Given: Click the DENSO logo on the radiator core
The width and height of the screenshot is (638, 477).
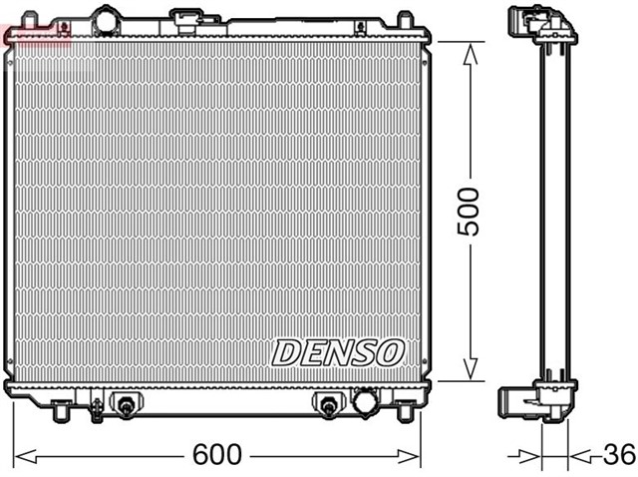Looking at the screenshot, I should [x=338, y=351].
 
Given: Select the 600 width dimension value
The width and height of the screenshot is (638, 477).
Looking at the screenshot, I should [x=218, y=455].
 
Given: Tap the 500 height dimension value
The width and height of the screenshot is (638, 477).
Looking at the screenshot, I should [x=468, y=211].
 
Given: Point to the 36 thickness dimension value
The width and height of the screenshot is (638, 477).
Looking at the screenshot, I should [x=618, y=455].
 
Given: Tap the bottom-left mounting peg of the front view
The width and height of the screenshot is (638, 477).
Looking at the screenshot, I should [x=59, y=409].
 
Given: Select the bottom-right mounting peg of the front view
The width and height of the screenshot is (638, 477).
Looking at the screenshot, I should [x=407, y=409].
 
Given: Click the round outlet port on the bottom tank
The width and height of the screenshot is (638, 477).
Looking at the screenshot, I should [x=365, y=402].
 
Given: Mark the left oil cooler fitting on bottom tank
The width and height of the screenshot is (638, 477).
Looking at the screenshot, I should [x=127, y=404].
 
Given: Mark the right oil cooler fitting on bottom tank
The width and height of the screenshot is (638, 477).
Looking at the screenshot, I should [x=327, y=404].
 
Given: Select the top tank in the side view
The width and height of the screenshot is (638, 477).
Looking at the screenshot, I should [x=541, y=25].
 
